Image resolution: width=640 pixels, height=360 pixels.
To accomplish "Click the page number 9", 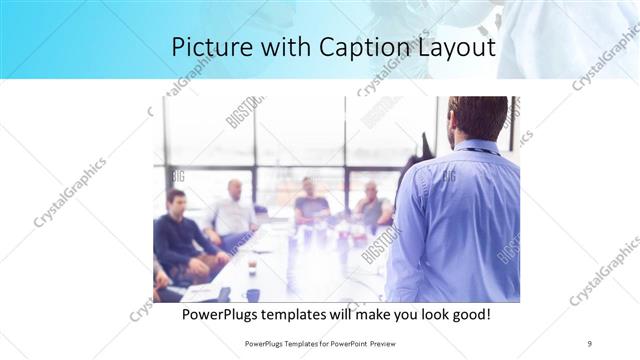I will [589, 343].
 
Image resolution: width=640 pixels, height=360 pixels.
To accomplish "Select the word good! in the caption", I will [467, 314].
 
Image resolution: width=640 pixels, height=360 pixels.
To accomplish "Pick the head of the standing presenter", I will [477, 118].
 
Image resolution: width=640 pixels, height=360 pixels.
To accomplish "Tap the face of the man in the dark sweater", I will [176, 201].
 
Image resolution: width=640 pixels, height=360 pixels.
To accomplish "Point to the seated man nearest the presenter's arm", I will [372, 205].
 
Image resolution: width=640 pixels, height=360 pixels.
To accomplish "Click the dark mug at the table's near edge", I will [252, 294].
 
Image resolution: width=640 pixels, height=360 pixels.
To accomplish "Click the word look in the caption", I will [421, 314].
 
